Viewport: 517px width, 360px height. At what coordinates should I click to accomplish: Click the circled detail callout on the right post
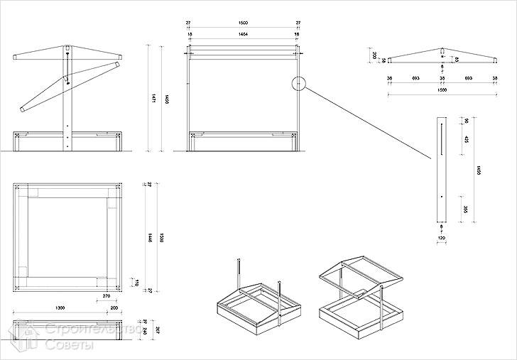(x=299, y=84)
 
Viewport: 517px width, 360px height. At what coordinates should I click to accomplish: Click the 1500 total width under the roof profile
(x=441, y=91)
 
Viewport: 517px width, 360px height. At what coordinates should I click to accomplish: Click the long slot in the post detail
(x=440, y=138)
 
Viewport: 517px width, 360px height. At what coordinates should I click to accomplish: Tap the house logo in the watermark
(x=26, y=338)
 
